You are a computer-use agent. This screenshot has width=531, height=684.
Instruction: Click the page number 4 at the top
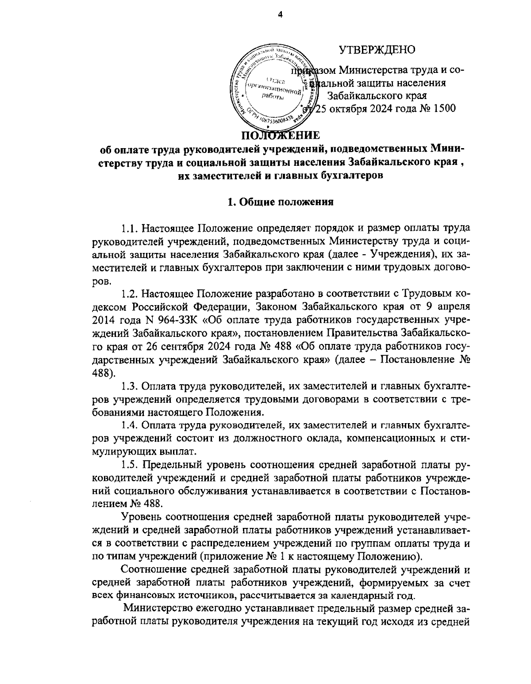pyautogui.click(x=280, y=15)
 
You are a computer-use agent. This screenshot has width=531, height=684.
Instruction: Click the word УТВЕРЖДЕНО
pyautogui.click(x=377, y=50)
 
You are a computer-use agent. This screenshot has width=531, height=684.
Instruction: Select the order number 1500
pyautogui.click(x=443, y=108)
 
